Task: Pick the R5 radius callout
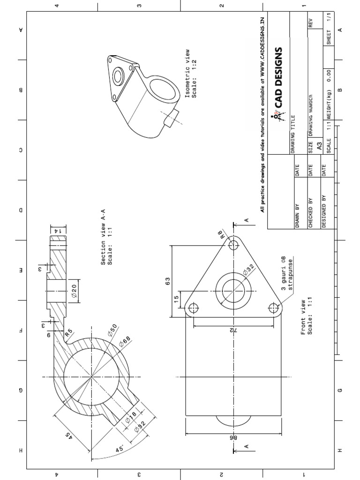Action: point(69,334)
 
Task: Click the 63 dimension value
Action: point(167,281)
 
